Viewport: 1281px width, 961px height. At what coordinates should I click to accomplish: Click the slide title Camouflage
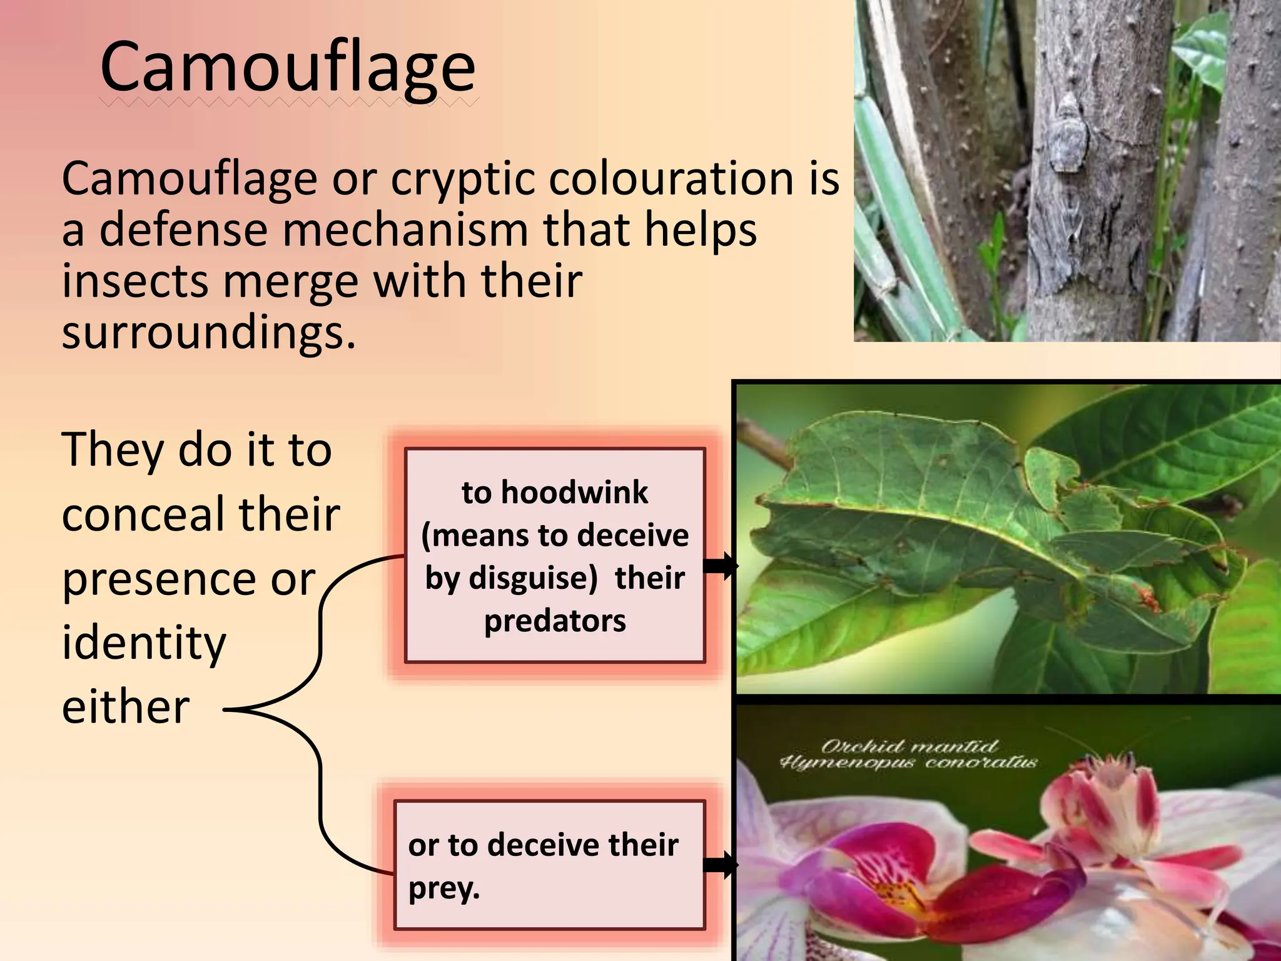click(x=288, y=68)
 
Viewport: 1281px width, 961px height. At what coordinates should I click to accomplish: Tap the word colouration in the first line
click(x=664, y=179)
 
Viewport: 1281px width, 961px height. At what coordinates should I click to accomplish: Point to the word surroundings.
click(x=208, y=333)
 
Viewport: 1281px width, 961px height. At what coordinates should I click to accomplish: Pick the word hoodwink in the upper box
click(x=574, y=493)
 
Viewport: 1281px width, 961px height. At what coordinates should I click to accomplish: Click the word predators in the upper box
click(x=555, y=621)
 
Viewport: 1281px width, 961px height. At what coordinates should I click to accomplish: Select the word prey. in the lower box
click(x=443, y=888)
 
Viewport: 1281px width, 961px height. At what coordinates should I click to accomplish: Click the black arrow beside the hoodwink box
click(x=720, y=566)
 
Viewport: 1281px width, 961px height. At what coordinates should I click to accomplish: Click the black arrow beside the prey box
click(x=720, y=865)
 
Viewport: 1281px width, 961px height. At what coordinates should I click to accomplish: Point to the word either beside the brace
click(x=125, y=708)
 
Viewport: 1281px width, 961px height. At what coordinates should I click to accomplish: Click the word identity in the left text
click(x=144, y=643)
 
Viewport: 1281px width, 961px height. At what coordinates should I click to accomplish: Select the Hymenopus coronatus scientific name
click(x=908, y=763)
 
